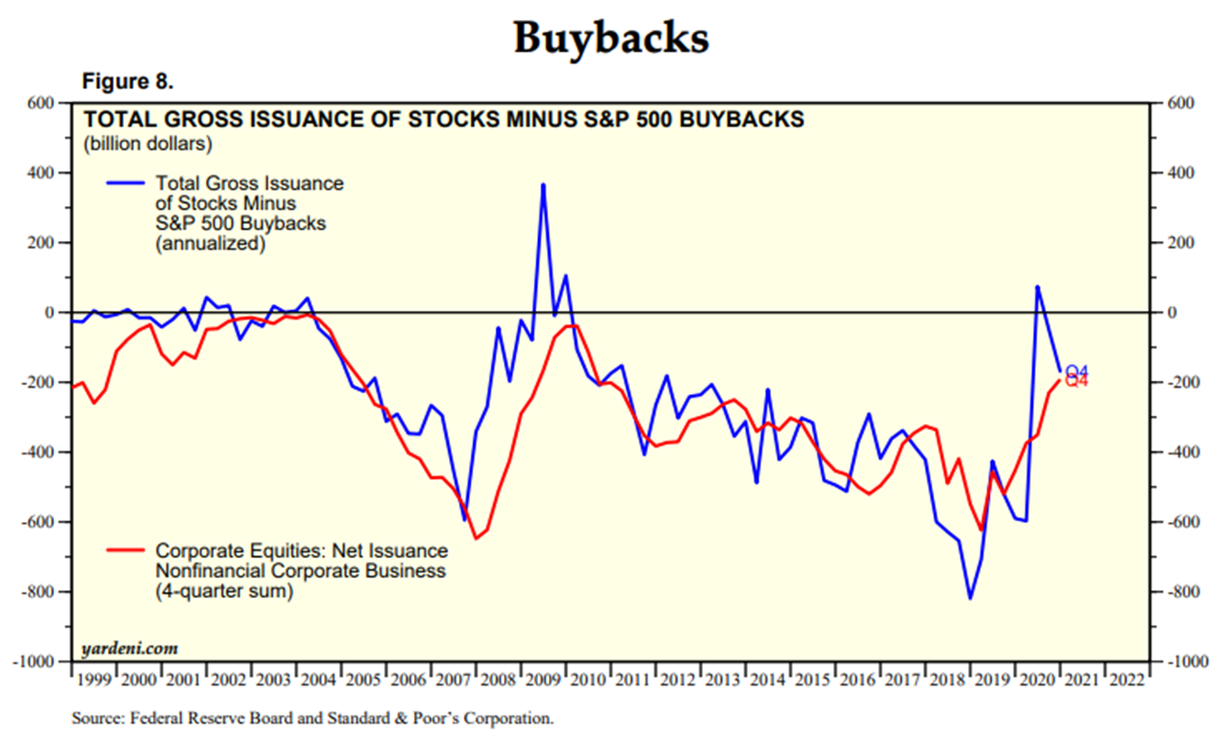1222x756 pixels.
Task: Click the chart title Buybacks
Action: [x=611, y=39]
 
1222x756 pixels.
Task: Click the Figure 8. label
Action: [x=127, y=82]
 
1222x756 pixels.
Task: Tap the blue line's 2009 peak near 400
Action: [x=543, y=184]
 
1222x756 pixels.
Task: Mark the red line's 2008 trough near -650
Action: [x=476, y=538]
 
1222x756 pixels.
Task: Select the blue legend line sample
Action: [x=125, y=184]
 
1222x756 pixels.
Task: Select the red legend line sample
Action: [x=125, y=550]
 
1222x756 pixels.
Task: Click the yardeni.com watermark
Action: [x=130, y=648]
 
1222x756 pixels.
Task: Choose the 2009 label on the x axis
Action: [x=544, y=679]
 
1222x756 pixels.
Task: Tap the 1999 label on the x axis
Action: [x=93, y=679]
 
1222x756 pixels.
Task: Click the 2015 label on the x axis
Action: [x=813, y=679]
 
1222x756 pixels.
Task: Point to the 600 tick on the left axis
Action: [x=41, y=103]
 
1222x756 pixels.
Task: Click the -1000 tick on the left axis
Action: [x=36, y=661]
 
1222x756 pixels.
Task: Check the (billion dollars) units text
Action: [x=147, y=142]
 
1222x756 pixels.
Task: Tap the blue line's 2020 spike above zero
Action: [x=1037, y=286]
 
